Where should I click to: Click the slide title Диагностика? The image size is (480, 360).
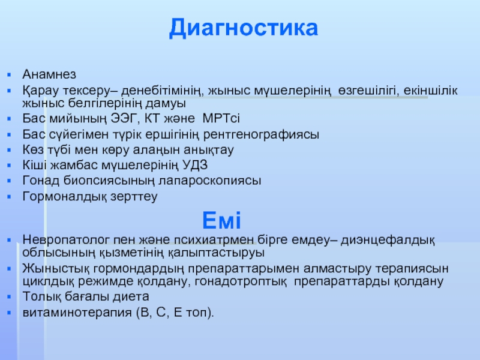244,28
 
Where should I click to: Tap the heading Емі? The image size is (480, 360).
221,220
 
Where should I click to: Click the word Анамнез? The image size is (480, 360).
49,74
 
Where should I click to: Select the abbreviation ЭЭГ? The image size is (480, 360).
122,118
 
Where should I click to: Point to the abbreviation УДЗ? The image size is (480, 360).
195,166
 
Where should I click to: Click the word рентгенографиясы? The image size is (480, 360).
261,134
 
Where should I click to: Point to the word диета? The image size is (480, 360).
131,296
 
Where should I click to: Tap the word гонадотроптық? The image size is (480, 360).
241,281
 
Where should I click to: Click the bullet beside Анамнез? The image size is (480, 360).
9,74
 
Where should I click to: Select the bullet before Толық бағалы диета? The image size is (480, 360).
9,296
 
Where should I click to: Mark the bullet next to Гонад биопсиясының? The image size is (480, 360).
9,181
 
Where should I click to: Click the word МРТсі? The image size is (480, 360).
221,118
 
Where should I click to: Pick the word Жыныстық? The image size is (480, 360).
56,268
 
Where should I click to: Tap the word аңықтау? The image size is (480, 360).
208,150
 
